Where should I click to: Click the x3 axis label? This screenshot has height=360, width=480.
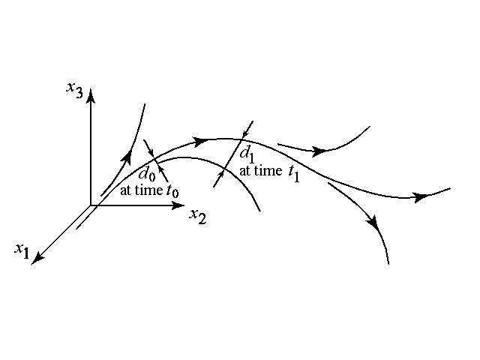pos(73,89)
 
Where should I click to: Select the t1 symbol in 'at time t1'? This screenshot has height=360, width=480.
pos(293,172)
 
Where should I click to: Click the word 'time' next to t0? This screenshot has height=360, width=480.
pos(153,190)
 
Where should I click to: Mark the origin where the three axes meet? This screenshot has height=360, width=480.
pos(91,205)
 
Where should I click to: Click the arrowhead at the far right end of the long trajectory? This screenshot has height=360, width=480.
pos(421,197)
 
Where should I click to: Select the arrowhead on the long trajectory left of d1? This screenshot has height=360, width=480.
pos(200,140)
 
